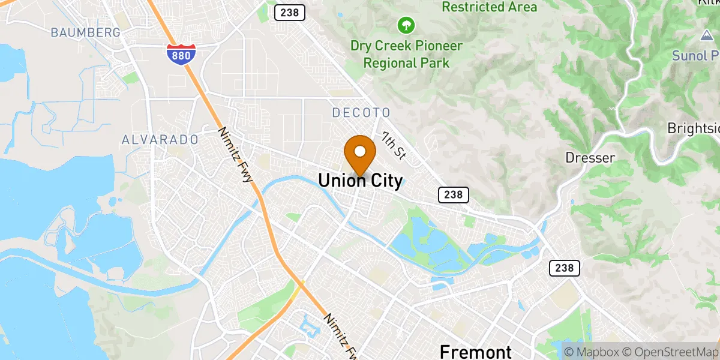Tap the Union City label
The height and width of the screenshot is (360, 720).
[x=360, y=181]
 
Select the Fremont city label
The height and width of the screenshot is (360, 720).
[x=475, y=352]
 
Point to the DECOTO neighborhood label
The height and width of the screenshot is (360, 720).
[x=361, y=113]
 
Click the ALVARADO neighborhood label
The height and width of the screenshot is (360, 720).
[x=160, y=140]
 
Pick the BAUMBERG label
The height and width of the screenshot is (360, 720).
[x=86, y=32]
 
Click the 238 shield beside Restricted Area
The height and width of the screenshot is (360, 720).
[x=290, y=13]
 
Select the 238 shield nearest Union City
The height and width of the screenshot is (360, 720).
[x=453, y=194]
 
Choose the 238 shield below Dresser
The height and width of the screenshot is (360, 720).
[x=565, y=268]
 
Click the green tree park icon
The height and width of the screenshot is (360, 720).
[x=406, y=25]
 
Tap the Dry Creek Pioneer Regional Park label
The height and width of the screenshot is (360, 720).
[x=407, y=55]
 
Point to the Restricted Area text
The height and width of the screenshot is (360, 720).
[x=490, y=7]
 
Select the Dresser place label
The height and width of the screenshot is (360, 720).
[x=590, y=158]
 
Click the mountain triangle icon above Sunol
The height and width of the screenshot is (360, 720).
[x=706, y=36]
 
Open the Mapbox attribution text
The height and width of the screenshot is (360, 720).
[x=591, y=352]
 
